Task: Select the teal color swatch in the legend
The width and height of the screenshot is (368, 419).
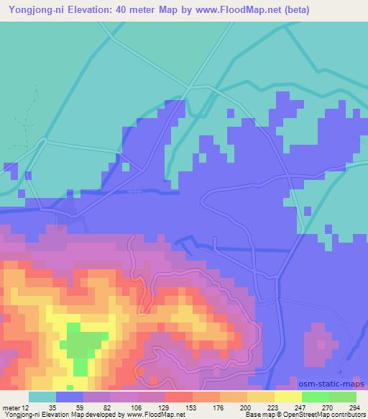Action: tap(42, 397)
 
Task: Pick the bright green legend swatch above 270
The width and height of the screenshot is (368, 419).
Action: tap(316, 397)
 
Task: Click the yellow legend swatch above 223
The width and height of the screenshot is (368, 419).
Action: tap(260, 397)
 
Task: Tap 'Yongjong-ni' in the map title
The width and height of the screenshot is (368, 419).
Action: tap(34, 9)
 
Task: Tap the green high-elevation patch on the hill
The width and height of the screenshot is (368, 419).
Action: tap(83, 342)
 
